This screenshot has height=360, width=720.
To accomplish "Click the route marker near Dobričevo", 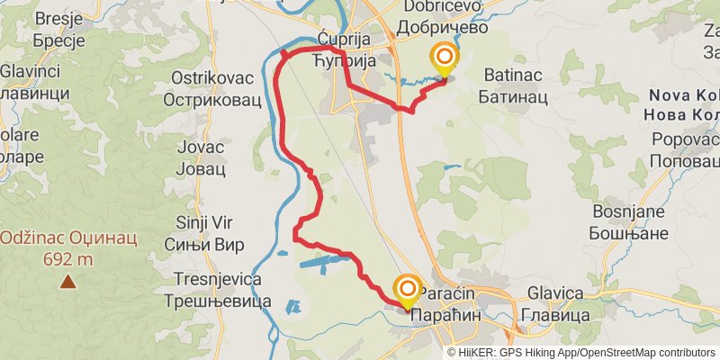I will pyautogui.click(x=444, y=59).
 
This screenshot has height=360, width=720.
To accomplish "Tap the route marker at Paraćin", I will pyautogui.click(x=407, y=290).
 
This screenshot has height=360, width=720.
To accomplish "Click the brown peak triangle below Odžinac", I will pyautogui.click(x=68, y=282).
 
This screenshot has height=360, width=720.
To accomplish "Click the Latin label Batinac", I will pyautogui.click(x=510, y=74).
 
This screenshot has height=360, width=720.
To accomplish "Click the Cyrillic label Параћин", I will pyautogui.click(x=448, y=316).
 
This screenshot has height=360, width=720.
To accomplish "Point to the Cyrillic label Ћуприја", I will pyautogui.click(x=342, y=60).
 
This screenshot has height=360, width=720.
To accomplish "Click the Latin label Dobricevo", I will pyautogui.click(x=445, y=6).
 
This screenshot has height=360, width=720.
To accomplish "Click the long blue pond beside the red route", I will pyautogui.click(x=321, y=263).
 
